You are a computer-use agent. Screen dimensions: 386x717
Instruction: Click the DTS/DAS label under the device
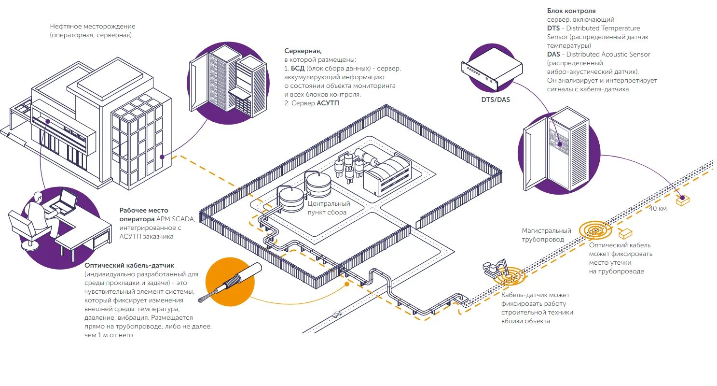pos(496,100)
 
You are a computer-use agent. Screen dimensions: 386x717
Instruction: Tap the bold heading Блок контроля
pos(571,11)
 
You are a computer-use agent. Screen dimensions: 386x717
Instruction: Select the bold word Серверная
pos(303,51)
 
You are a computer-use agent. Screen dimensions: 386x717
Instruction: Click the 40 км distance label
pos(658,208)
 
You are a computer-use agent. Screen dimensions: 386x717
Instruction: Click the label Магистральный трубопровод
pos(546,235)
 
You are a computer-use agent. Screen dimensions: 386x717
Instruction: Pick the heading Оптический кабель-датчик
pos(129,266)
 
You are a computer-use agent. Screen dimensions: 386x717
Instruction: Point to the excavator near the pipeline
pos(494,268)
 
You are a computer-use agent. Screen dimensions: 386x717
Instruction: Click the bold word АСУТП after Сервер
pos(328,103)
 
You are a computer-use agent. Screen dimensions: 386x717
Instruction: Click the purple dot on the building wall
pos(163,157)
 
